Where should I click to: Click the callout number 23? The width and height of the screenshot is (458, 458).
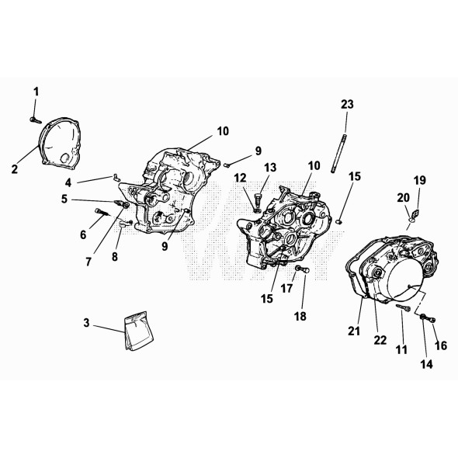347,104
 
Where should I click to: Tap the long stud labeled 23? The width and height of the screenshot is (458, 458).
338,153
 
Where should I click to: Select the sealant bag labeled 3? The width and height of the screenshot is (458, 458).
139,331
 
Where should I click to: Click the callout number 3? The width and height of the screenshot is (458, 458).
86,323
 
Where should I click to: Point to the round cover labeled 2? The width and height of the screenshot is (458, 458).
61,144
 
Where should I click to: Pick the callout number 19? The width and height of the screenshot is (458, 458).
420,181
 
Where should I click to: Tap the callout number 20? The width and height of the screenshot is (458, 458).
403,198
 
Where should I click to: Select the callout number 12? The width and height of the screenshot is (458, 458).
240,178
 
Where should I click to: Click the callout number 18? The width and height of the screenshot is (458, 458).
300,317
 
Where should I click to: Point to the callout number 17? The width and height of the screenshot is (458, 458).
286,289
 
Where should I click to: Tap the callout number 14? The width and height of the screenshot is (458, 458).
426,364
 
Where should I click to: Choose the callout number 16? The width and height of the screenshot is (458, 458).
441,346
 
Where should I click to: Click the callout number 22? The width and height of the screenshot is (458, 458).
380,340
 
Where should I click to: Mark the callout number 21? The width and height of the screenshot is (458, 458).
354,331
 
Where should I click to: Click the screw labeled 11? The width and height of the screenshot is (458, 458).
404,307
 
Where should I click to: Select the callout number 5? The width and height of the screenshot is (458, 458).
64,200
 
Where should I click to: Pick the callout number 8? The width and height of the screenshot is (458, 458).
115,257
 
